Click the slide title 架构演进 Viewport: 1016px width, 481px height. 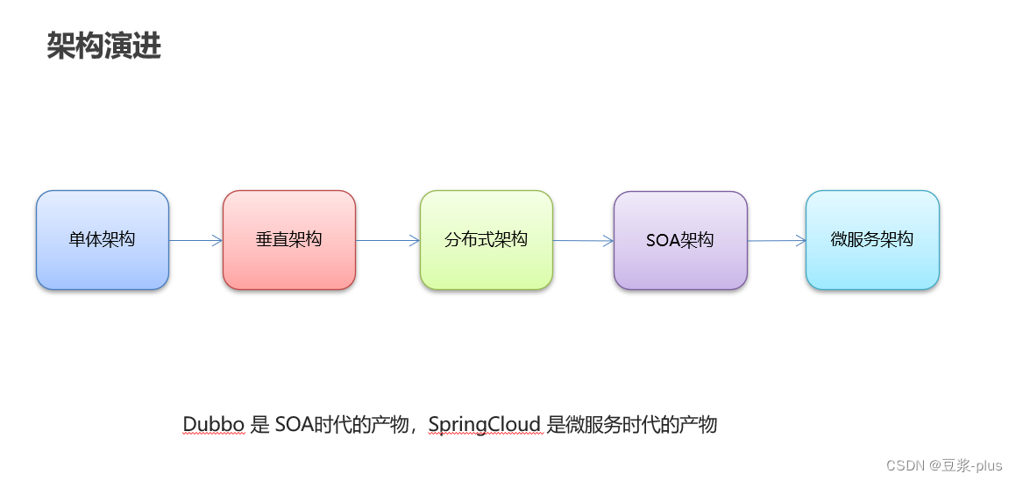(103, 47)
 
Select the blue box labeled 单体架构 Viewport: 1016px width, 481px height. (103, 239)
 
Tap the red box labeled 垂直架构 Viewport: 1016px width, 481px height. (289, 239)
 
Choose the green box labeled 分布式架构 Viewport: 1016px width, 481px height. (487, 239)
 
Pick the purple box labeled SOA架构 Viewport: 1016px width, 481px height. (680, 240)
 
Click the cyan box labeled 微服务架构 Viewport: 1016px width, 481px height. (872, 239)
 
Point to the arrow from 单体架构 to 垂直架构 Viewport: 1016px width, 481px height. (195, 240)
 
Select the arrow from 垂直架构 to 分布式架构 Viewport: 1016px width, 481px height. (387, 240)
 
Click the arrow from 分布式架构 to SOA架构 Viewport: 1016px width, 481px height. (583, 241)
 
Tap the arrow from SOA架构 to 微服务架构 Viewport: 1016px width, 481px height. (776, 240)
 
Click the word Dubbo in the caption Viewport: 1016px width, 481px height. (214, 425)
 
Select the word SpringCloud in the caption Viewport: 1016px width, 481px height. (485, 425)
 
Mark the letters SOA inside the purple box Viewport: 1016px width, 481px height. (662, 240)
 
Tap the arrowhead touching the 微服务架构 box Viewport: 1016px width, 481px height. (800, 240)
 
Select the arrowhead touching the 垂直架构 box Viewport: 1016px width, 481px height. (217, 240)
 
